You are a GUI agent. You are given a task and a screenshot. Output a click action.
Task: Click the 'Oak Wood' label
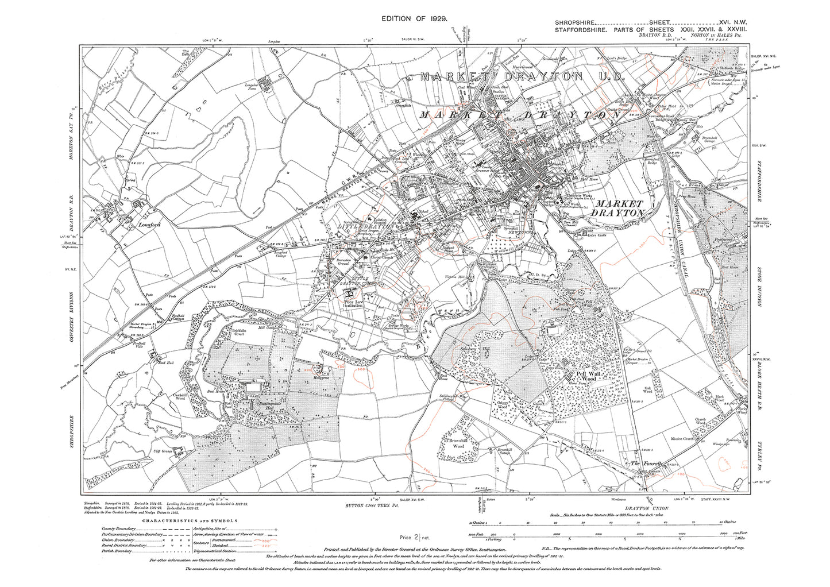click(x=647, y=390)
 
